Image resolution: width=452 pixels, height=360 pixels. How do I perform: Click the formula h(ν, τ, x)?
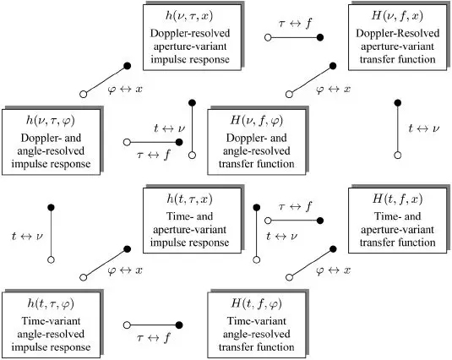[x=189, y=16]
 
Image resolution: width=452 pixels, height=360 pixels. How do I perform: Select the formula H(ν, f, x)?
[x=397, y=16]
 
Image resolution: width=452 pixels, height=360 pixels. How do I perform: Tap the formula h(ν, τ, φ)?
[x=51, y=121]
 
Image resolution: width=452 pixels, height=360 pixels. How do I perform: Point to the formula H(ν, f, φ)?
[x=256, y=121]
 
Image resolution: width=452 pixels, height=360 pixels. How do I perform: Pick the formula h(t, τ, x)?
[x=189, y=199]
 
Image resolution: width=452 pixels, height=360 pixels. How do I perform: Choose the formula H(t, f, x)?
[x=397, y=199]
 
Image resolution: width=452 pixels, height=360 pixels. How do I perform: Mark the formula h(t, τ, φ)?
[x=51, y=303]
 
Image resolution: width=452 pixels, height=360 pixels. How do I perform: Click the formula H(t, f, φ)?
[x=256, y=303]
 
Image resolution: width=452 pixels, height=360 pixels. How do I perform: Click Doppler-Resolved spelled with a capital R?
[x=398, y=33]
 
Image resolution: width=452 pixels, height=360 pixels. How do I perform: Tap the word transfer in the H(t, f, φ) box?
[x=237, y=347]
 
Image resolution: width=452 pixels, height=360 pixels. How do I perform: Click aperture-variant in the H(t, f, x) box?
[x=397, y=230]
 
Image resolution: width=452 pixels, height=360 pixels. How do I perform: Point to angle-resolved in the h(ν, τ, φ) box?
[x=51, y=151]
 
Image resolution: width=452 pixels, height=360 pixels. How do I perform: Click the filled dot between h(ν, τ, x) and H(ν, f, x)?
[x=319, y=37]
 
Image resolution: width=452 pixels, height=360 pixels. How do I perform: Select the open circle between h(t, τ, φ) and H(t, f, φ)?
[x=127, y=325]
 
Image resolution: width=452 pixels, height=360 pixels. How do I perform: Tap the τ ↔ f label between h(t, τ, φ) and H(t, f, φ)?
[x=154, y=337]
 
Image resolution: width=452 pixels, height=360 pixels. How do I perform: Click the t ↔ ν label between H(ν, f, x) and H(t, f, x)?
[x=424, y=128]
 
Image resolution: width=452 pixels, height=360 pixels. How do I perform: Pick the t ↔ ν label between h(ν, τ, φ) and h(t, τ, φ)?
[x=27, y=237]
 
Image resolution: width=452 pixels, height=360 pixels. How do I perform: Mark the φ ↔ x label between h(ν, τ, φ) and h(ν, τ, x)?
[x=125, y=90]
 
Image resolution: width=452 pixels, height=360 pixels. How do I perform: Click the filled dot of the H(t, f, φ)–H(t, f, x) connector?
[x=333, y=249]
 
